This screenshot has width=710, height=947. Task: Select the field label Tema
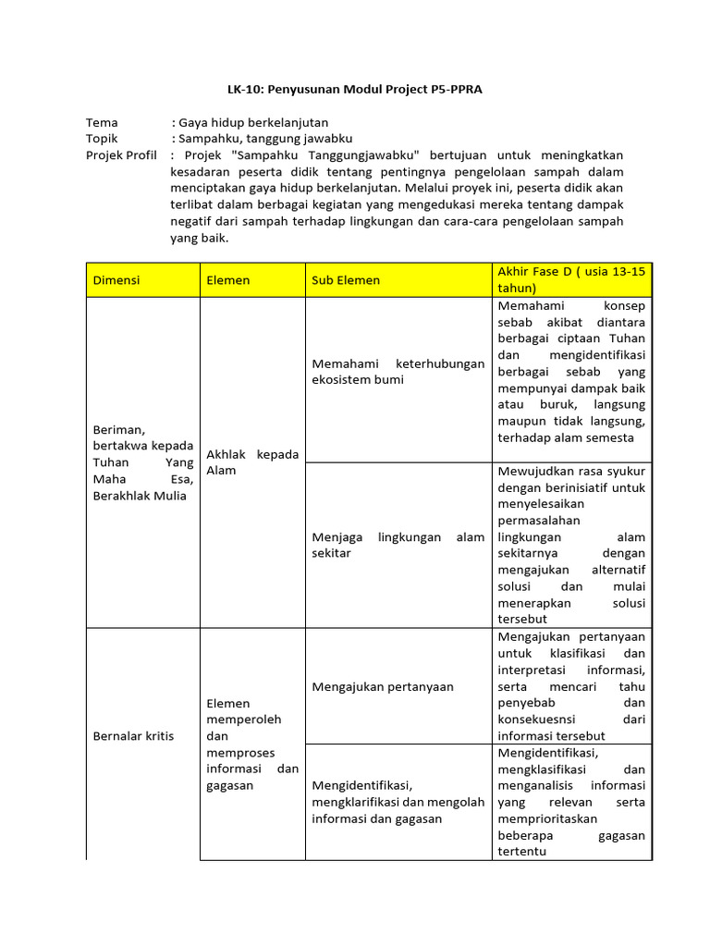(x=103, y=122)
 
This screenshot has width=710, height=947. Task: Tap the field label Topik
(x=103, y=138)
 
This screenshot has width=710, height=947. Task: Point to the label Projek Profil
(x=121, y=154)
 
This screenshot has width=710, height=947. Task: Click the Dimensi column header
(x=116, y=280)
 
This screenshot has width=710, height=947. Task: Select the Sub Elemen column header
(x=344, y=280)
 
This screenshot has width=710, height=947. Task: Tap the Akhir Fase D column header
(x=571, y=279)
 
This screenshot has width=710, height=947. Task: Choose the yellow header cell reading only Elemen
(x=228, y=280)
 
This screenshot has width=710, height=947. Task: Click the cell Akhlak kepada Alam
(x=252, y=462)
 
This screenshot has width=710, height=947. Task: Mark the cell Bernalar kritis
(x=133, y=736)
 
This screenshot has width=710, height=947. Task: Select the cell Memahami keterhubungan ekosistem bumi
(x=398, y=372)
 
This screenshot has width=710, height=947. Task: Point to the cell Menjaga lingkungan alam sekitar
(x=398, y=545)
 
